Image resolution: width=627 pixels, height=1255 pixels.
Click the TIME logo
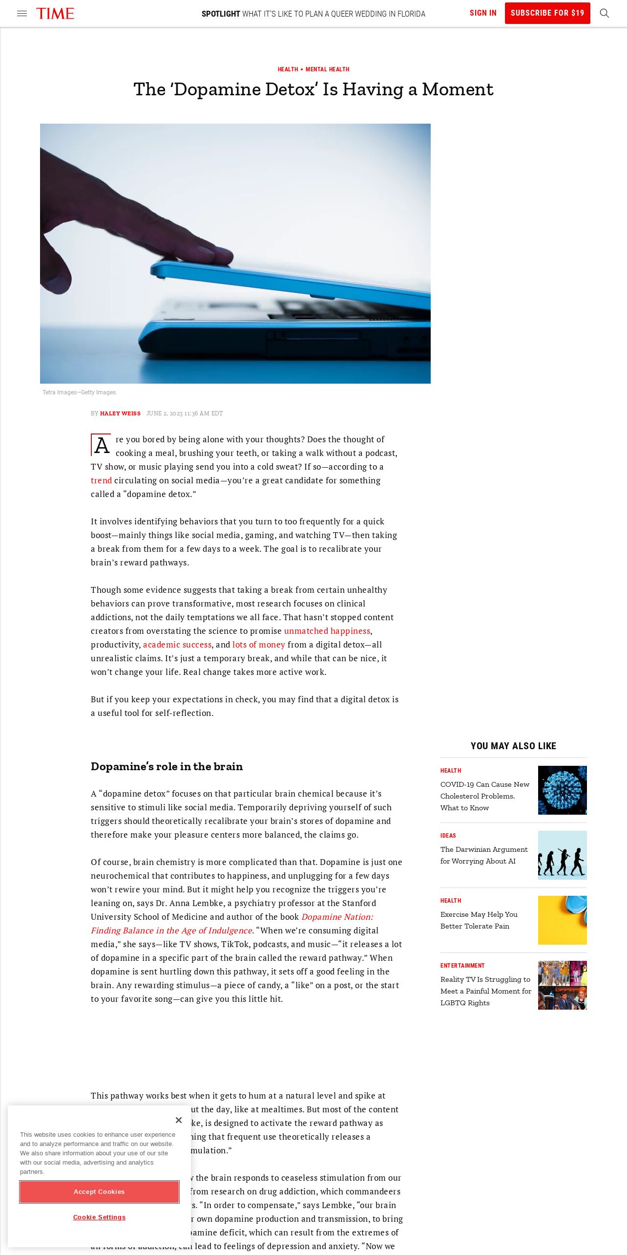[55, 14]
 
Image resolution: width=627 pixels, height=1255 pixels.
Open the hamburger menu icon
[22, 14]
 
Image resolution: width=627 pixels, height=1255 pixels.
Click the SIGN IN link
[482, 13]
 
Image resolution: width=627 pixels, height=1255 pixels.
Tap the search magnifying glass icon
[604, 13]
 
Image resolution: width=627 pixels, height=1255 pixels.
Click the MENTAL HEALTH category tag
[327, 69]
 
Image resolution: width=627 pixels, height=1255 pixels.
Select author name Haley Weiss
[120, 413]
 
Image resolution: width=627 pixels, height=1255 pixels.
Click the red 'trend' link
[101, 480]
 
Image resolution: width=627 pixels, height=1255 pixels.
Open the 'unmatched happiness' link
[327, 631]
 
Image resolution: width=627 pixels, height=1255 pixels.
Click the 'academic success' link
[177, 645]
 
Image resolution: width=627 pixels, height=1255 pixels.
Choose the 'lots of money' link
[258, 645]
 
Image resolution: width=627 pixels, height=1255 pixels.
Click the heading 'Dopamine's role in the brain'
[167, 766]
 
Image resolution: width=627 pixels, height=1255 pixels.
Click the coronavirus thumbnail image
[562, 790]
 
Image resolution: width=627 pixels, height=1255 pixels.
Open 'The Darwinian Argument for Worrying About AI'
[483, 855]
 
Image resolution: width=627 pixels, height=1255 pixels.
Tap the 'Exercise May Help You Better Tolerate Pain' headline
[479, 920]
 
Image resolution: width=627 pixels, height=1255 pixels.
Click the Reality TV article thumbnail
[562, 985]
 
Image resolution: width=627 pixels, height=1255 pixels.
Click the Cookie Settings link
[99, 1217]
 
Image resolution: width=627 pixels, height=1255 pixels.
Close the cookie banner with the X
[179, 1120]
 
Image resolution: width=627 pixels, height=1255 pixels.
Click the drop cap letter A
[102, 445]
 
